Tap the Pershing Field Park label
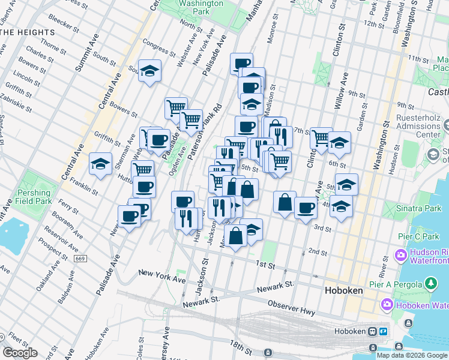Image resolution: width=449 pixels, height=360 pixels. point(34,197)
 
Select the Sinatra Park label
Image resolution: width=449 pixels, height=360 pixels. point(417,208)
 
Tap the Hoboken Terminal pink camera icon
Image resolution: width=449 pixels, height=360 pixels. point(387,305)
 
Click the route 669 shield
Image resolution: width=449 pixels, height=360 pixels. point(80,258)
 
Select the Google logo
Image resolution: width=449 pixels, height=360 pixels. point(20,353)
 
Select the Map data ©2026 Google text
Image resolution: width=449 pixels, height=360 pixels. point(411,355)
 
